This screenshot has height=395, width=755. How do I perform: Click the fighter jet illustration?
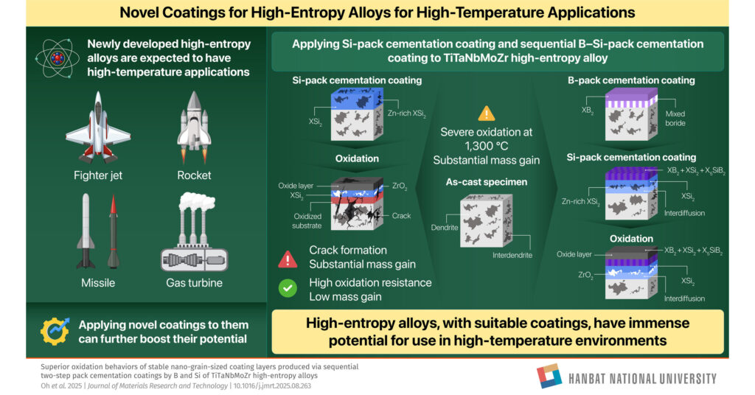[x=98, y=127]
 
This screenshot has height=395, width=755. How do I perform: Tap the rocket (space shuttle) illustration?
[x=194, y=127]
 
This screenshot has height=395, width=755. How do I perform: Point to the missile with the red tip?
[x=113, y=231]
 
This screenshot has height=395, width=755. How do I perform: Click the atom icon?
[x=58, y=58]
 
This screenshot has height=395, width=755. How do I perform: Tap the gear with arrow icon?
[x=55, y=331]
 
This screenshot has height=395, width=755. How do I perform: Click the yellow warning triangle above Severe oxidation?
[x=487, y=113]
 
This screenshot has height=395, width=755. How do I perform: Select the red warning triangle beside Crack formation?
[x=288, y=259]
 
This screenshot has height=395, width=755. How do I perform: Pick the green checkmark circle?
[x=288, y=288]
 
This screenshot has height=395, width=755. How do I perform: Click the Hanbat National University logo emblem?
[x=549, y=376]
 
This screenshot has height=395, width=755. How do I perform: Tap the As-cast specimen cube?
[x=486, y=220]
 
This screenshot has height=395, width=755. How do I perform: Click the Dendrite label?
[x=445, y=227]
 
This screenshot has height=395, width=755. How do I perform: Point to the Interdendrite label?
[x=512, y=255]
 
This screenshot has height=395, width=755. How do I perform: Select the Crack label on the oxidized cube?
[x=401, y=215]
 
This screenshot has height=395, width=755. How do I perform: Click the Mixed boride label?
[x=675, y=119]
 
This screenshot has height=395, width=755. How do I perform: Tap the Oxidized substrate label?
[x=307, y=221]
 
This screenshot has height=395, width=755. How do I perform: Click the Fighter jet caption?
[x=98, y=175]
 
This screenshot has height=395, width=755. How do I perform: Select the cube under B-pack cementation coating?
[x=631, y=114]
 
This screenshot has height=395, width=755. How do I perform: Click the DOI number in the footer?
[x=273, y=386]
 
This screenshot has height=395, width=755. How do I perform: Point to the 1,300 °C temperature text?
[x=487, y=146]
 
